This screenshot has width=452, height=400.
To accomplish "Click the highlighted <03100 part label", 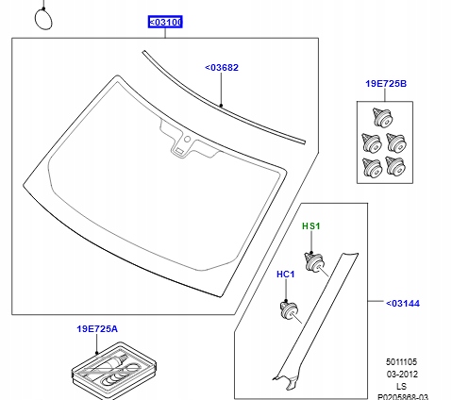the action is tap(165, 23).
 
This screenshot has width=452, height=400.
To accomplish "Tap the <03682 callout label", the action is tap(222, 68).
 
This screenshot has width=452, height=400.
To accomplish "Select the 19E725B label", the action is tap(386, 84).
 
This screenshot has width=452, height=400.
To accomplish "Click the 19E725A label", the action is tap(97, 329).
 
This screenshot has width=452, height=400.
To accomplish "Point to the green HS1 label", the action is tap(310, 226).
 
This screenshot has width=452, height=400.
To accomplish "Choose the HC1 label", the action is tap(286, 275).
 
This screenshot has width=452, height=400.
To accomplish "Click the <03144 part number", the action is tap(403, 304).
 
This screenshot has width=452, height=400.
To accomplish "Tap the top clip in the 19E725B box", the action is tap(382, 118).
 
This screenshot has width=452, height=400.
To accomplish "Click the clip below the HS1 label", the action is tap(314, 262).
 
